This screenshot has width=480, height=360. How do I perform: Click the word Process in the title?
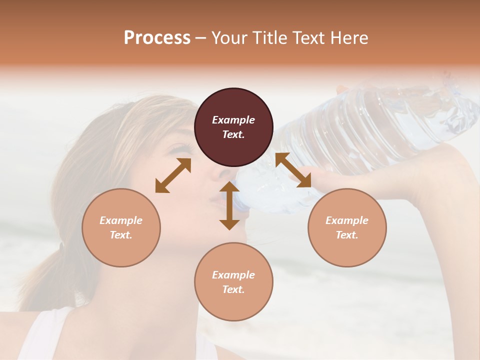[x=157, y=38]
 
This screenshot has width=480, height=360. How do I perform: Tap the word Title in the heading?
[x=269, y=38]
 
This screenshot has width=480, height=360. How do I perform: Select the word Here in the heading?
[x=347, y=38]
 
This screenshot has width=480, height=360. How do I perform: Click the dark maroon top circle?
[x=233, y=127]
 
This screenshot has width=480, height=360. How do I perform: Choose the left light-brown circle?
[x=121, y=227]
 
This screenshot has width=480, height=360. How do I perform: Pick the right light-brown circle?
[x=347, y=227]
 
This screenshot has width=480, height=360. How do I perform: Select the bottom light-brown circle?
[x=233, y=282]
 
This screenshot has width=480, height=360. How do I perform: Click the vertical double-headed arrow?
[x=229, y=205]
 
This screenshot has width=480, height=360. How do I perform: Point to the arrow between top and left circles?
[x=173, y=175]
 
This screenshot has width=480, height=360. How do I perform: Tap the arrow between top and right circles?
[x=293, y=170]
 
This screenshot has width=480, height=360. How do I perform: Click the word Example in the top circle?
[x=233, y=120]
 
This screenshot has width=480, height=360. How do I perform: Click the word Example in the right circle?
[x=347, y=220]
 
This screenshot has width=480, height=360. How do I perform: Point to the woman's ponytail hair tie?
[x=62, y=246]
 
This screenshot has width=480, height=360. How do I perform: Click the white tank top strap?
[x=42, y=332]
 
